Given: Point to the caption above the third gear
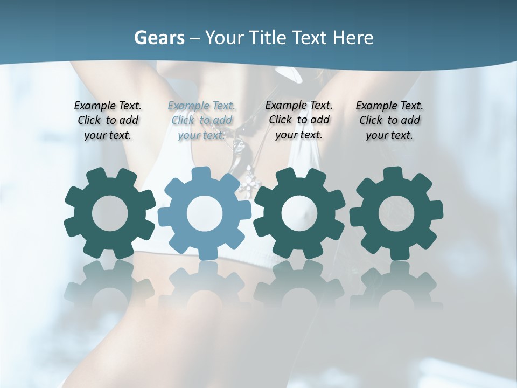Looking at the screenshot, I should click(299, 120).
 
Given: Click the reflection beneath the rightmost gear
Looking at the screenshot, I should click(396, 286).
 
